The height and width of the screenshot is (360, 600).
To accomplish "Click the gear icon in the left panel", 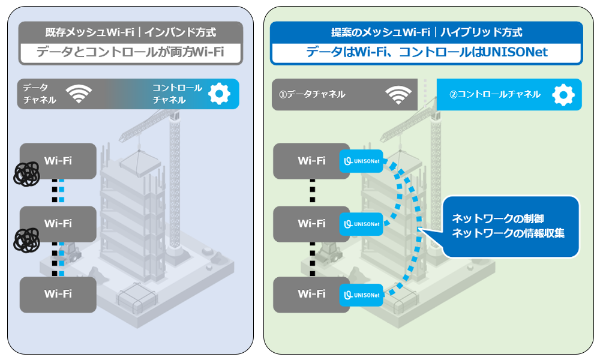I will click(x=219, y=94).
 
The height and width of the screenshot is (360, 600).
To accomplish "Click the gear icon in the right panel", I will click(x=563, y=94).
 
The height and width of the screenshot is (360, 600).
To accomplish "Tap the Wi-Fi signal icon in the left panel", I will click(x=79, y=94).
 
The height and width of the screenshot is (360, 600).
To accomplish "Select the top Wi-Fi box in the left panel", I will click(x=58, y=160).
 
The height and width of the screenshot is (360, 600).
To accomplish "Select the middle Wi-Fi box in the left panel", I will click(x=58, y=223).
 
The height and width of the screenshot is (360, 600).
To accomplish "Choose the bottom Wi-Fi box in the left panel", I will click(x=58, y=294).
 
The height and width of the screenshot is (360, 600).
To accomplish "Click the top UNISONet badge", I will click(x=361, y=161).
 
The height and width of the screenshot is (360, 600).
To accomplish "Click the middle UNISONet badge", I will click(x=361, y=224).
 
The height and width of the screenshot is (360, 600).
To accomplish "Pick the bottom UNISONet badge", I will click(x=361, y=295).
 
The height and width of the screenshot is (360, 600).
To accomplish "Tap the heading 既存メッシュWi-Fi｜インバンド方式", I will click(x=131, y=32).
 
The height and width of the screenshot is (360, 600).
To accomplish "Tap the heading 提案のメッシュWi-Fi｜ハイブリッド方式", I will click(x=427, y=32).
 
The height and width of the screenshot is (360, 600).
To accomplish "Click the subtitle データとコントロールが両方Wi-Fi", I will click(x=130, y=53).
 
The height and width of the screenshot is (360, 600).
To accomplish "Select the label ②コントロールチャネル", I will click(x=495, y=94).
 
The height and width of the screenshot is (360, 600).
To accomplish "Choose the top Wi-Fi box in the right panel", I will click(x=311, y=161).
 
